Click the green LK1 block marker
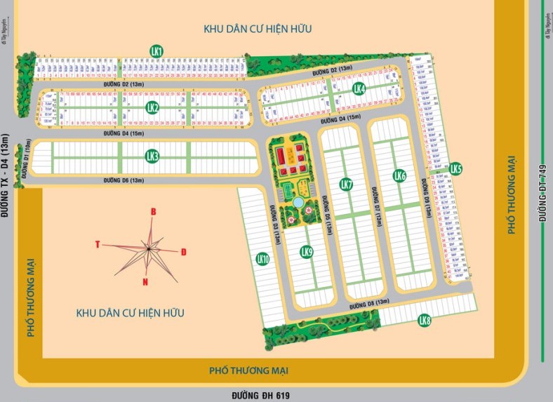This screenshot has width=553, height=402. tap(156, 51)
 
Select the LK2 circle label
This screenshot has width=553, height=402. tap(152, 107)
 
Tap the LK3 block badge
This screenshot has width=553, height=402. tap(152, 156)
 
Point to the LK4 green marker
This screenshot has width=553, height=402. tap(359, 88)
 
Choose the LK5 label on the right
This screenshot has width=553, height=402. tap(456, 168)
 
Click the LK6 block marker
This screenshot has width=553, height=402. tap(400, 175)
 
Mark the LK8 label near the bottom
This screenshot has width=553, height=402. tap(424, 321)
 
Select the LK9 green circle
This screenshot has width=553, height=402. tap(306, 251)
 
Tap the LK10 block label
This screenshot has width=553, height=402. tap(263, 259)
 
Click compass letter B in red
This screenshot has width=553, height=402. tap(154, 212)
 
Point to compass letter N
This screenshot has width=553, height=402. tap(145, 282)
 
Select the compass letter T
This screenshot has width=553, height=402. tap(98, 244)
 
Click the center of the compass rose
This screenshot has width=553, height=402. tap(149, 247)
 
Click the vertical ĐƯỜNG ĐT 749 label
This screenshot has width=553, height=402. tap(542, 194)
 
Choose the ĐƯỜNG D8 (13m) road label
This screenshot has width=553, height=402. tap(369, 304)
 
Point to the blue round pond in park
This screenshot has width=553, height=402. tap(298, 202)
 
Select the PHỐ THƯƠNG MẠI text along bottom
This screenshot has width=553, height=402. tap(249, 370)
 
